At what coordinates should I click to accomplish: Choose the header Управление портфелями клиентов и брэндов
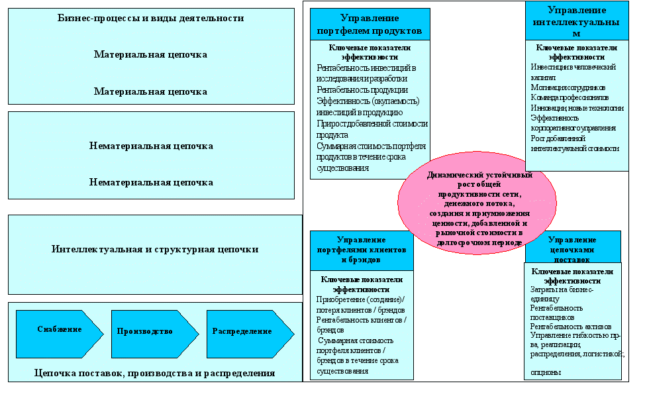362,250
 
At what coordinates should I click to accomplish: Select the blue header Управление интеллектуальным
577,21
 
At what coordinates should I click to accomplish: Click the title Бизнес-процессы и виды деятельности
151,19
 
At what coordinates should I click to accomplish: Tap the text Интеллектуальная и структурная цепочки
155,250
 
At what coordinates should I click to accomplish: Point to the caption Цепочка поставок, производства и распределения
154,373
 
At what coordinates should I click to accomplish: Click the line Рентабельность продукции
362,89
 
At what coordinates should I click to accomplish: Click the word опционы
546,372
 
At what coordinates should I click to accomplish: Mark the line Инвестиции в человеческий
573,67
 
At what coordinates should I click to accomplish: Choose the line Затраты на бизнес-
562,289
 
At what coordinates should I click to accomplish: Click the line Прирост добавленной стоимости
372,123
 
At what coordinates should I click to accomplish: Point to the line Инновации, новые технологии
577,108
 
